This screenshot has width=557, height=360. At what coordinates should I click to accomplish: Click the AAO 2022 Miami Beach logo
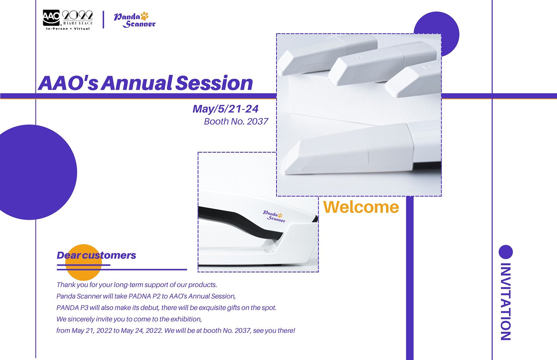tap(67, 20)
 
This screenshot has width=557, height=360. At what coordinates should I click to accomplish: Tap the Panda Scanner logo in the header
tap(134, 20)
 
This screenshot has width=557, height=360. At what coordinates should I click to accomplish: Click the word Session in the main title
tap(214, 83)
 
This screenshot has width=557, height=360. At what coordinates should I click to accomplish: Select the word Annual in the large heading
tap(136, 83)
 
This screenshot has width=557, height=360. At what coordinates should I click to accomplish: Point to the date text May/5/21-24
tap(225, 109)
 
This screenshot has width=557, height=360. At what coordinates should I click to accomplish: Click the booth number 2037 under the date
tap(257, 121)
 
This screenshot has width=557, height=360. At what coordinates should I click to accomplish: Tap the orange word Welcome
tap(361, 207)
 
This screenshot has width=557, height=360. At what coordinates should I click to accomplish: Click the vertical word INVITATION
tap(505, 301)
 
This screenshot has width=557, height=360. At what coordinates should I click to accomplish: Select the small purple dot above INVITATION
tap(506, 252)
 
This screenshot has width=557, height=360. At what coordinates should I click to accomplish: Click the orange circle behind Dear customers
tap(84, 262)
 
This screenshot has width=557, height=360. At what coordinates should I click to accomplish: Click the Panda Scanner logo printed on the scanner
tap(274, 216)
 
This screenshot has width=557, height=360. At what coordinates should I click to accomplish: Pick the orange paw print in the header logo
tap(144, 16)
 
